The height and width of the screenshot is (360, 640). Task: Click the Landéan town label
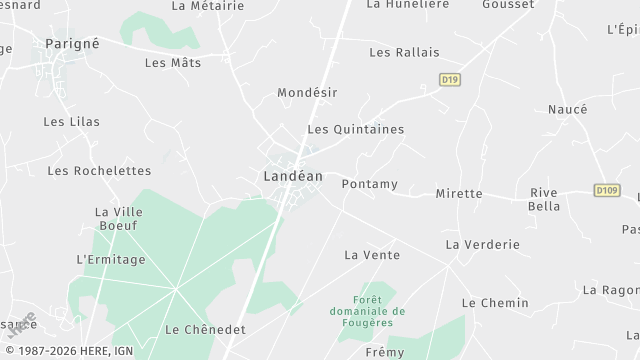292,176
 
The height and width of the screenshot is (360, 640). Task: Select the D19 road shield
449,78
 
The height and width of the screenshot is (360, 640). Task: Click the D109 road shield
606,190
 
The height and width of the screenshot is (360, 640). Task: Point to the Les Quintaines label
355,129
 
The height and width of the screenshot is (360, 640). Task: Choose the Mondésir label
307,92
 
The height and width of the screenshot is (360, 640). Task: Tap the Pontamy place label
369,184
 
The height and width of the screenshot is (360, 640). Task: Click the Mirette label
459,193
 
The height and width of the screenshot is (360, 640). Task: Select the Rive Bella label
544,199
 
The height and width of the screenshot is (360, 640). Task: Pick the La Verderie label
483,244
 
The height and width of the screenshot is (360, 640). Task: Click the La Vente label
372,255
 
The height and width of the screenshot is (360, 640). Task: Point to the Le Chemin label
494,302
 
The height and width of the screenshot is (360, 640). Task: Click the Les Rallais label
404,52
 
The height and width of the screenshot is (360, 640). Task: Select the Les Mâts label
173,62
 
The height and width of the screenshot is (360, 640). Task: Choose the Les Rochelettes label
99,171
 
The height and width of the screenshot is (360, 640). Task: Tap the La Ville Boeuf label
119,218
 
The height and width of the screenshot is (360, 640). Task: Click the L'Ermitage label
111,260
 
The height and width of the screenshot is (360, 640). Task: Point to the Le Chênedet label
205,329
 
